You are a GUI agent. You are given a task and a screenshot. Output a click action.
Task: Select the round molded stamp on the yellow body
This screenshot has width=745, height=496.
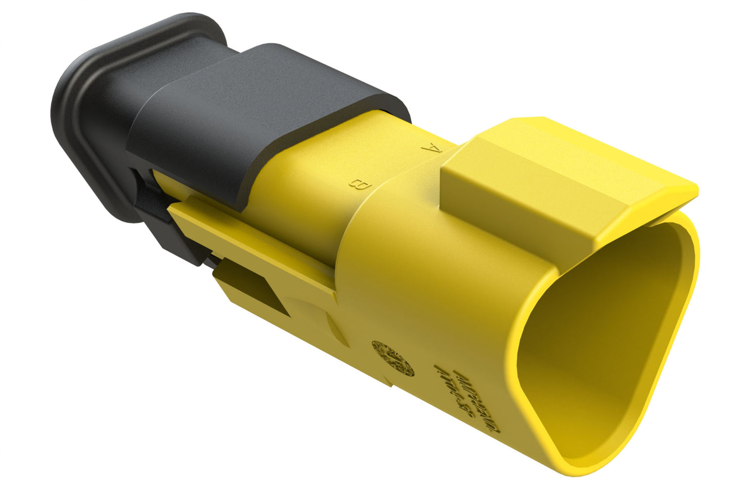point(393,357)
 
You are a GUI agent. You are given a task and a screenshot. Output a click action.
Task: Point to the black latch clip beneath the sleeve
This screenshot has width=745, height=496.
point(155,216)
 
